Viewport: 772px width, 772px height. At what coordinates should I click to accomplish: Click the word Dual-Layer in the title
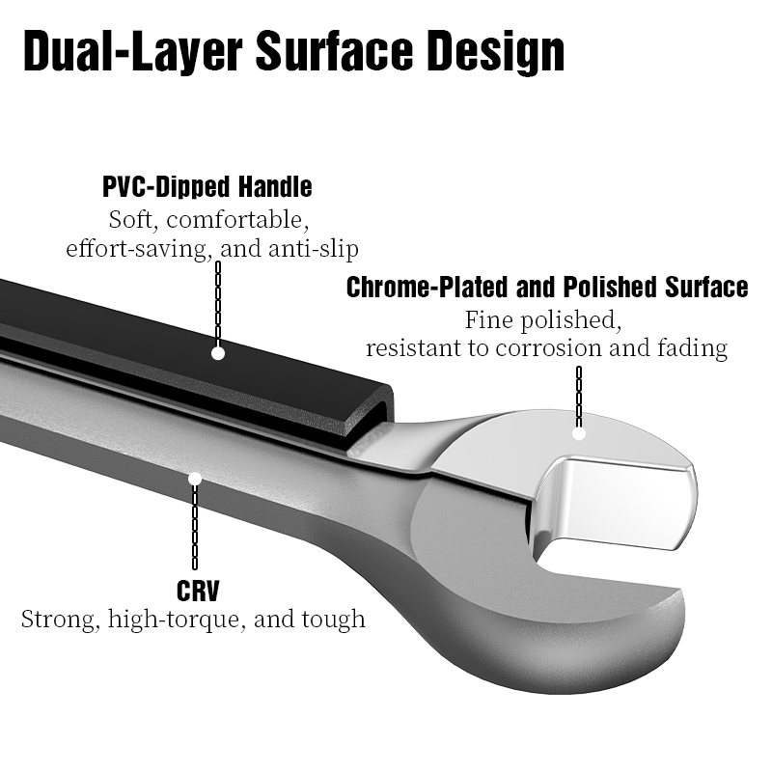click(133, 51)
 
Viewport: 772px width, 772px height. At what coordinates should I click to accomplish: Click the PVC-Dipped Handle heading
click(207, 186)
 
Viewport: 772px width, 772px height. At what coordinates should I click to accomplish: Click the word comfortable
click(237, 220)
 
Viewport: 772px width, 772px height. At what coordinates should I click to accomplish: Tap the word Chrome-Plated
click(427, 287)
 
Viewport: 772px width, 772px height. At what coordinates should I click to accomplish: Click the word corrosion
click(548, 347)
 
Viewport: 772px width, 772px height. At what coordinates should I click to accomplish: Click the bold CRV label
click(198, 591)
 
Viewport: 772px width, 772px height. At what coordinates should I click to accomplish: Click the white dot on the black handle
click(218, 353)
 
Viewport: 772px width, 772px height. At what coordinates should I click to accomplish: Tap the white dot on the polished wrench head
click(579, 433)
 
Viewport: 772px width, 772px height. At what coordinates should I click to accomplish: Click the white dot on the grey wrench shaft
click(195, 478)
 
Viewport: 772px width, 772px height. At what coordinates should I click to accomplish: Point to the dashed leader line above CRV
click(195, 527)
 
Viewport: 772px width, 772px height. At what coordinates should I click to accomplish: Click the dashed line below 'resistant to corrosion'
click(579, 397)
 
